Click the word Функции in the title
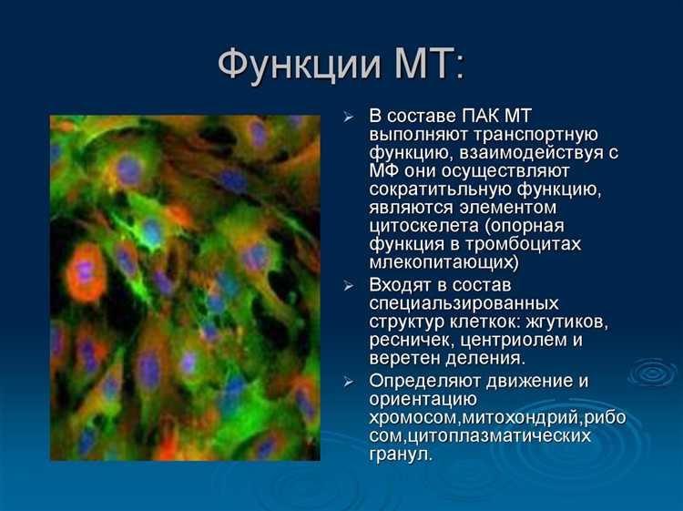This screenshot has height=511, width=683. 289,66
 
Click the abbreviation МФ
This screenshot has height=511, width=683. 384,171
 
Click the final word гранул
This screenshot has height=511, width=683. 400,454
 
